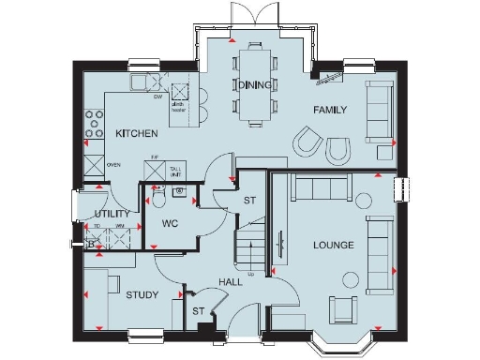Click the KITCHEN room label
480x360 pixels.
click(134, 134)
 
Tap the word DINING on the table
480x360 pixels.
click(254, 84)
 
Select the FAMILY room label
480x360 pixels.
click(330, 110)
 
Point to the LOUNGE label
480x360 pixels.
click(334, 246)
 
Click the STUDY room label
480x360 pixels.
click(142, 295)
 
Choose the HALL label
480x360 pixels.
click(232, 281)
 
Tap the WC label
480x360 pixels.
click(170, 224)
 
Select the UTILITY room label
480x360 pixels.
click(112, 214)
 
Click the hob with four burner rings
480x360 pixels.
click(96, 121)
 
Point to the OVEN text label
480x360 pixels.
click(113, 165)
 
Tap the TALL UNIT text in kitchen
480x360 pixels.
click(175, 169)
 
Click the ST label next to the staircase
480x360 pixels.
click(249, 201)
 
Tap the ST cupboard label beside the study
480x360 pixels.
click(199, 311)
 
